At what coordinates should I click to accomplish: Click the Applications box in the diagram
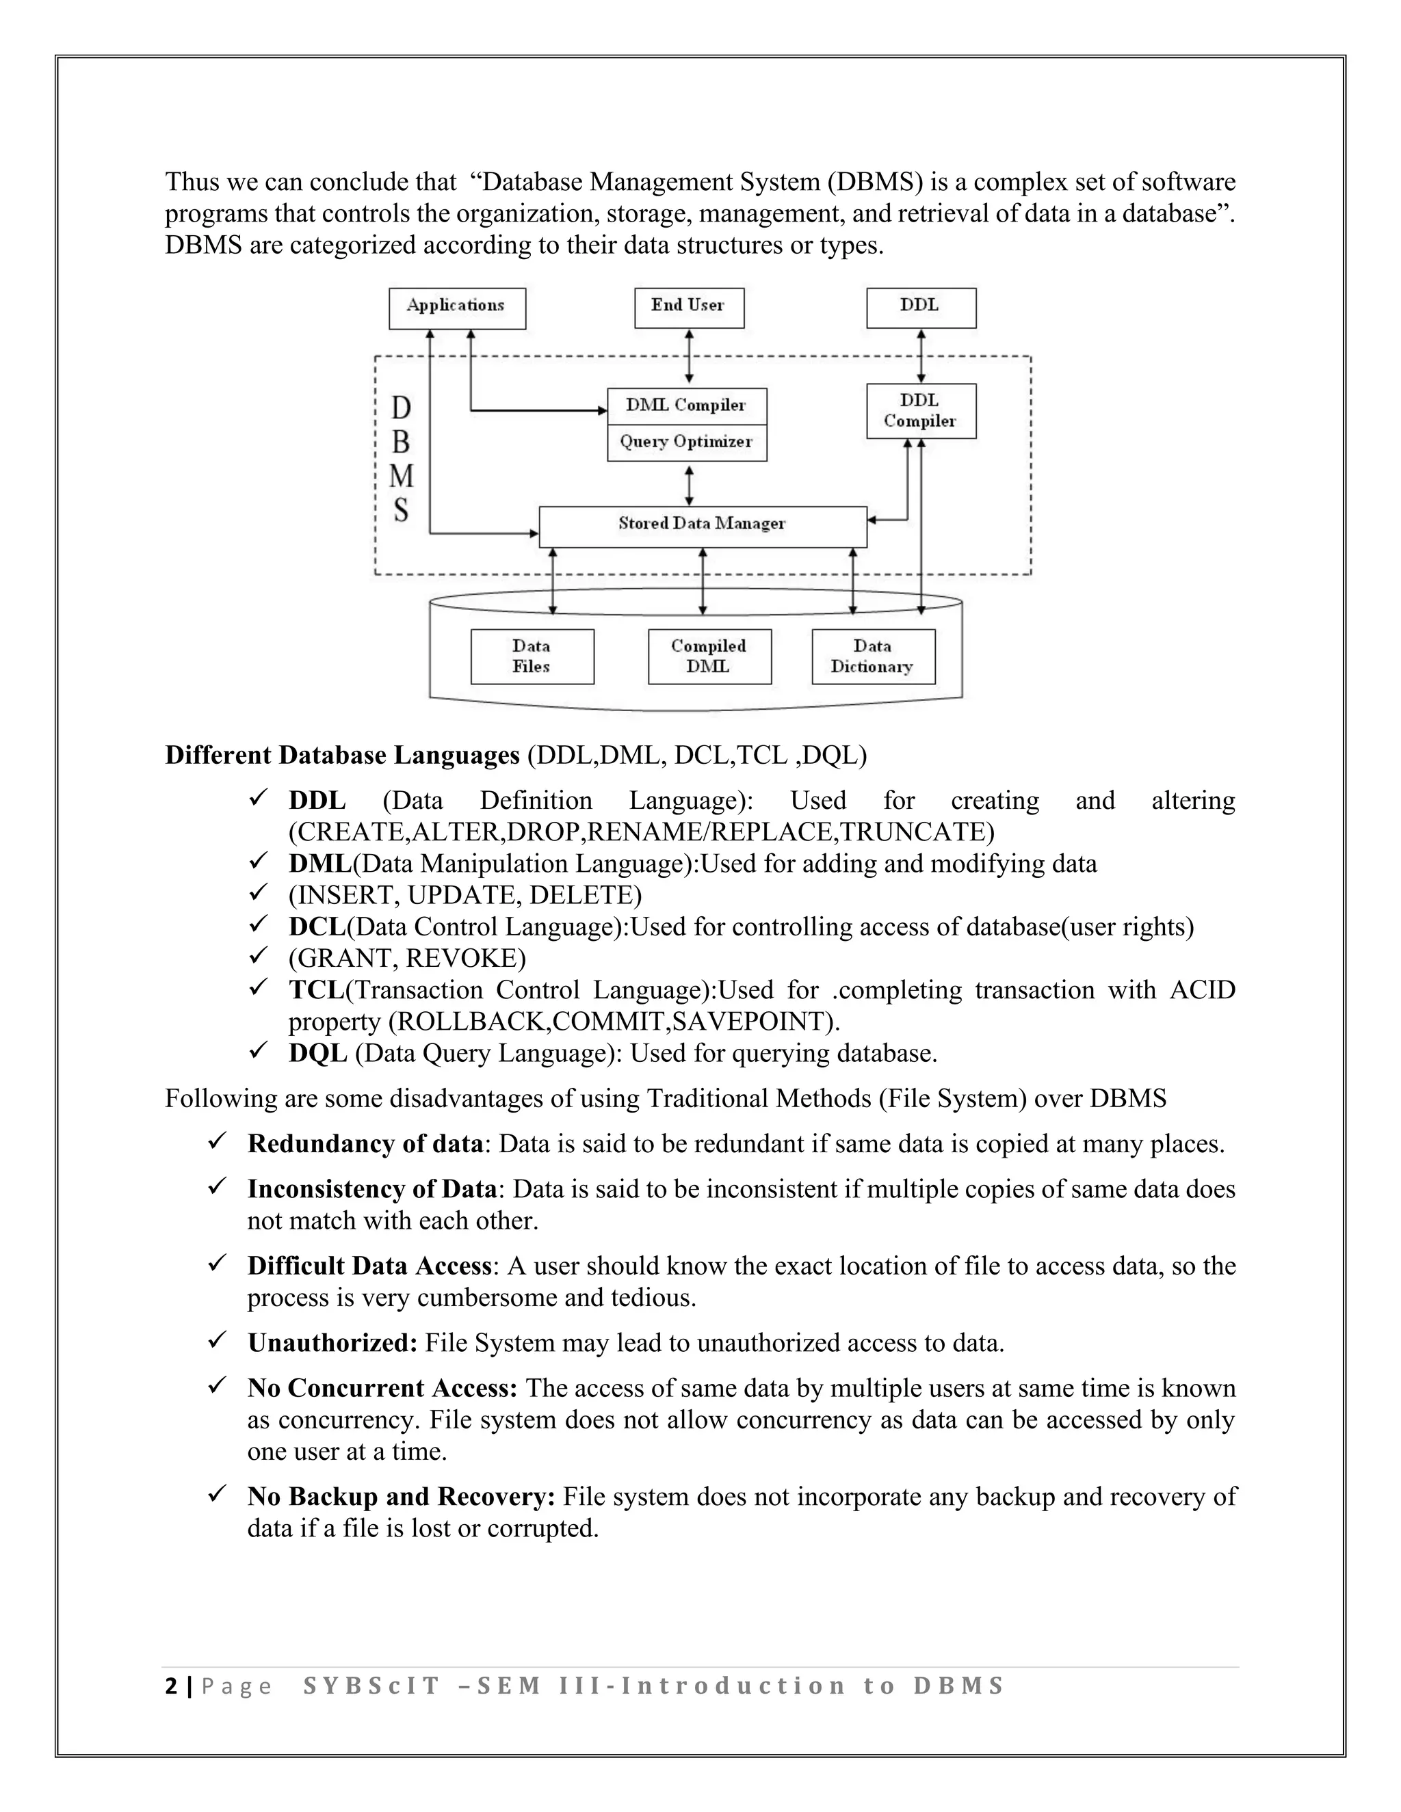pyautogui.click(x=456, y=308)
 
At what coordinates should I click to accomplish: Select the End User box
pyautogui.click(x=688, y=308)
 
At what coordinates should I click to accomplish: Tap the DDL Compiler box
pyautogui.click(x=921, y=411)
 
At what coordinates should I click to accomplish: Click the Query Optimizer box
pyautogui.click(x=686, y=442)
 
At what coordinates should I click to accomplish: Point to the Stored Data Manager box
pyautogui.click(x=702, y=525)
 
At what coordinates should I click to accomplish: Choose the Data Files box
pyautogui.click(x=532, y=656)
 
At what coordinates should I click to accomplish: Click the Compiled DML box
pyautogui.click(x=709, y=656)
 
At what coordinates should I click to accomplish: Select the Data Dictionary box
pyautogui.click(x=872, y=656)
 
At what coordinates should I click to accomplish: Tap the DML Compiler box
pyautogui.click(x=686, y=405)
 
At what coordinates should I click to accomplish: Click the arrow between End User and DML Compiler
pyautogui.click(x=689, y=357)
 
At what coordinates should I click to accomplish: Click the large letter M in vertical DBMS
pyautogui.click(x=402, y=476)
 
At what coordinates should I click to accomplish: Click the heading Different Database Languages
pyautogui.click(x=342, y=755)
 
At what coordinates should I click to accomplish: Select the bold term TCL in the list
pyautogui.click(x=316, y=990)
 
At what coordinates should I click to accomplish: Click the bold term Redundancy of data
pyautogui.click(x=365, y=1144)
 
